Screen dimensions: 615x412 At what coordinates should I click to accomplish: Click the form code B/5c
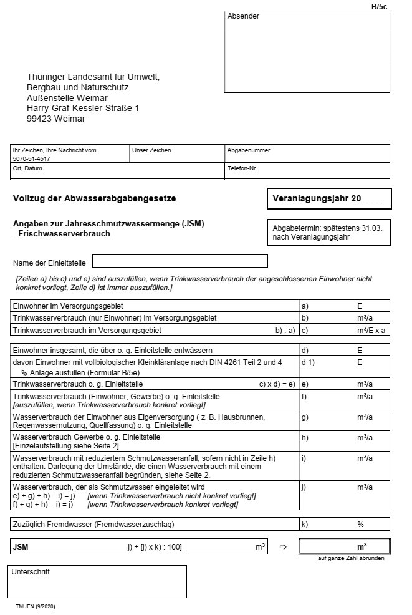379,7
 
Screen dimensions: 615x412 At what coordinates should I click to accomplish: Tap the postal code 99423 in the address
39,119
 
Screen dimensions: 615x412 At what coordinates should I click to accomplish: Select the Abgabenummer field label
249,150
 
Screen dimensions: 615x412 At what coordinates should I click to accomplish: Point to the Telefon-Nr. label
242,168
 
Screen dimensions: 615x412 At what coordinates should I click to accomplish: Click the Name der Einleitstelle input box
180,261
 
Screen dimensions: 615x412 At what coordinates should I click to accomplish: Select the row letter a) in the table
305,306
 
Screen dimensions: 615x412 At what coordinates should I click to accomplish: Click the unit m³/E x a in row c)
371,330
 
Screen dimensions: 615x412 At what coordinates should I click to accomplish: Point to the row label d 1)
309,362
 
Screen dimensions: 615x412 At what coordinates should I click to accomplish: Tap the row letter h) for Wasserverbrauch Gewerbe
305,438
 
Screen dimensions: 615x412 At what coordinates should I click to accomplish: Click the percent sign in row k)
360,525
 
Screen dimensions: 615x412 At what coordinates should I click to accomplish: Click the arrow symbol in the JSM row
282,547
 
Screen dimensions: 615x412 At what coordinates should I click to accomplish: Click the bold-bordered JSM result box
345,546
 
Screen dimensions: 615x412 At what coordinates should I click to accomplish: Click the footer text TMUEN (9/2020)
36,606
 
